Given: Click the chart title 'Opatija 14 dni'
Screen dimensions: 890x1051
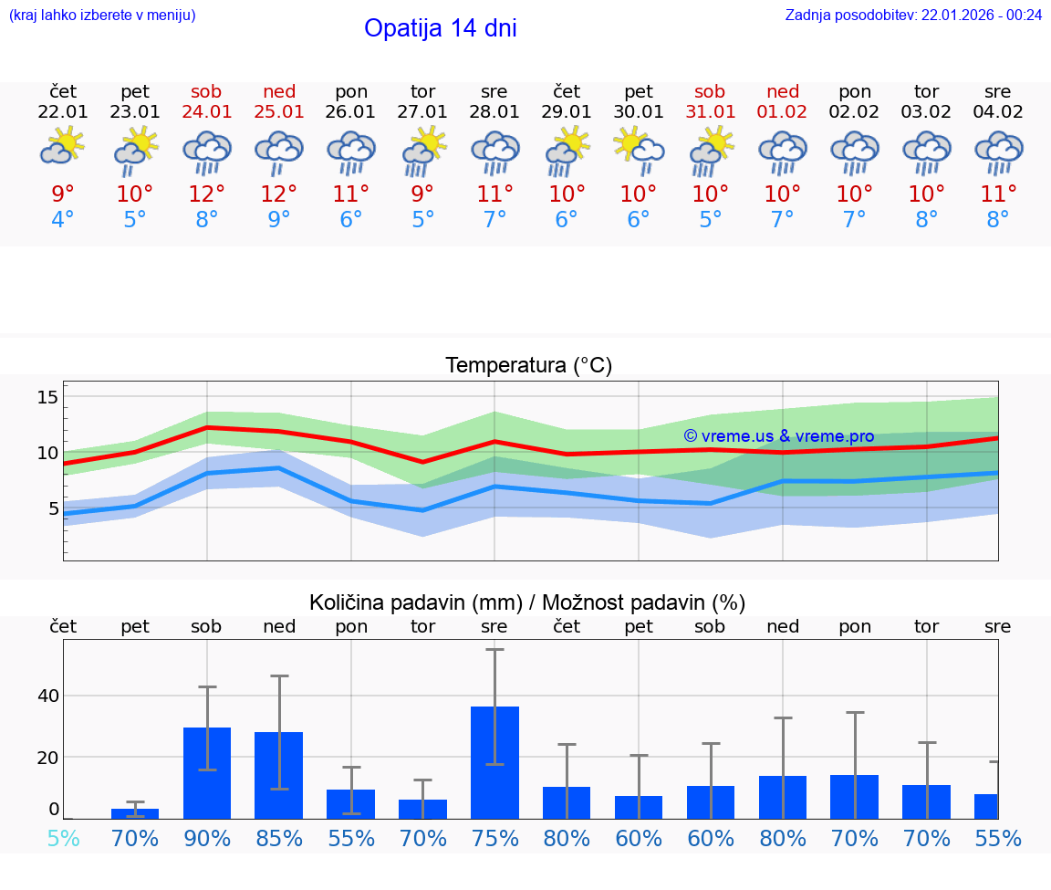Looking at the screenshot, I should coord(440,28).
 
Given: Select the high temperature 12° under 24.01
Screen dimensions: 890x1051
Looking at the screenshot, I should coord(206,194).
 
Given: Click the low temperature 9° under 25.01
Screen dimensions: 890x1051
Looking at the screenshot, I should coord(278,220).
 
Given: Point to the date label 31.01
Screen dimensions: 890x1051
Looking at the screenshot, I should coord(710,112).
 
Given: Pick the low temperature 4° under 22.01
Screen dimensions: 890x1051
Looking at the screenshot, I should coord(62,220).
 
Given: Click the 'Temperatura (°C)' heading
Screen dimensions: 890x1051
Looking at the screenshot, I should coord(528,365).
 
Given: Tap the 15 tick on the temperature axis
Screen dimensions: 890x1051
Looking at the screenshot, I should coord(47,397).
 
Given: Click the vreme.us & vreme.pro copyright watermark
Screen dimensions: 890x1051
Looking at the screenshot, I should coord(778,436).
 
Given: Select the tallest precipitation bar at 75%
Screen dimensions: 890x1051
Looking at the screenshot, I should coord(494,762).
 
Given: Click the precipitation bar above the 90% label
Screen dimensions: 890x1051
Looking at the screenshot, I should coord(206,772).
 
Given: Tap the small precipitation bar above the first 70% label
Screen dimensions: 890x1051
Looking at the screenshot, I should coord(135,813).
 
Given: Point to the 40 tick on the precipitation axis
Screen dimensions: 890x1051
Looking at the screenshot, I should coord(47,696).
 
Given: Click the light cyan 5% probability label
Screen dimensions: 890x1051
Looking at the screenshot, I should coord(63,838).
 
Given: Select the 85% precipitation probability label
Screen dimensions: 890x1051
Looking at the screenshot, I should coord(278,838).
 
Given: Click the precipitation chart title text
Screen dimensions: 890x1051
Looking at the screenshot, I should coord(527,602).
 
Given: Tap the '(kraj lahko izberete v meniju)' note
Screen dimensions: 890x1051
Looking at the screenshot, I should coord(102,15).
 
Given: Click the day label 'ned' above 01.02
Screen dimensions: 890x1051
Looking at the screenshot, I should coord(782,91).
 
